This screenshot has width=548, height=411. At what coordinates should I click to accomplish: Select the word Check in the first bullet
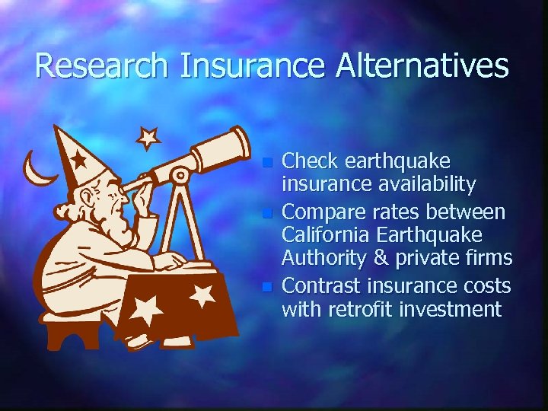click(311, 162)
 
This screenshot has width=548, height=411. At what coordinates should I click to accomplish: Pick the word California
click(330, 234)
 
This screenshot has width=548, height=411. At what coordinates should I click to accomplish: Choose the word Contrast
click(322, 285)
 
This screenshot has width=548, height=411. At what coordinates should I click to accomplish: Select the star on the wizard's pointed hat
click(79, 161)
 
